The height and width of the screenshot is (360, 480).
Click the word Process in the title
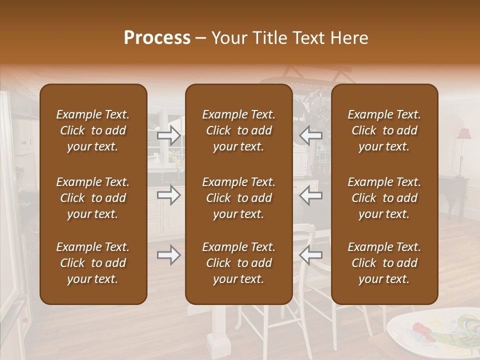[x=157, y=38]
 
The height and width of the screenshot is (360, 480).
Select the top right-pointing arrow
[x=168, y=135]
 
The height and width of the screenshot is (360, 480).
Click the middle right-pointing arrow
[x=168, y=195]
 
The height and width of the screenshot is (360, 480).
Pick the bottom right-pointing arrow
[x=168, y=255]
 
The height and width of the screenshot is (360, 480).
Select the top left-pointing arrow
[x=310, y=135]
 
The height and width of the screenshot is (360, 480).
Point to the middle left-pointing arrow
[x=310, y=195]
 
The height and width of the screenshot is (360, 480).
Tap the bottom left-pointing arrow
[x=310, y=255]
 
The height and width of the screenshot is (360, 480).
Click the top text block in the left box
[x=93, y=130]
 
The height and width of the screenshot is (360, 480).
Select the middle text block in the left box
[x=93, y=198]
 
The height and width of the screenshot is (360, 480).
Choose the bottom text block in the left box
[x=93, y=263]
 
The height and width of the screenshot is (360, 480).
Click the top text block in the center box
[x=238, y=130]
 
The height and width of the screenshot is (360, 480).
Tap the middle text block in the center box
[x=238, y=198]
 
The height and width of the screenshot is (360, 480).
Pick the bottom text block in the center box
[x=238, y=263]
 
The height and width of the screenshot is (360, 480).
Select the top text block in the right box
[x=384, y=130]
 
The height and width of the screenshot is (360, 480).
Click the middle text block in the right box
[x=384, y=198]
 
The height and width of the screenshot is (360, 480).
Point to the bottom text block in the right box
[x=384, y=263]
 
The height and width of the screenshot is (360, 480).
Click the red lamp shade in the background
[x=464, y=134]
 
